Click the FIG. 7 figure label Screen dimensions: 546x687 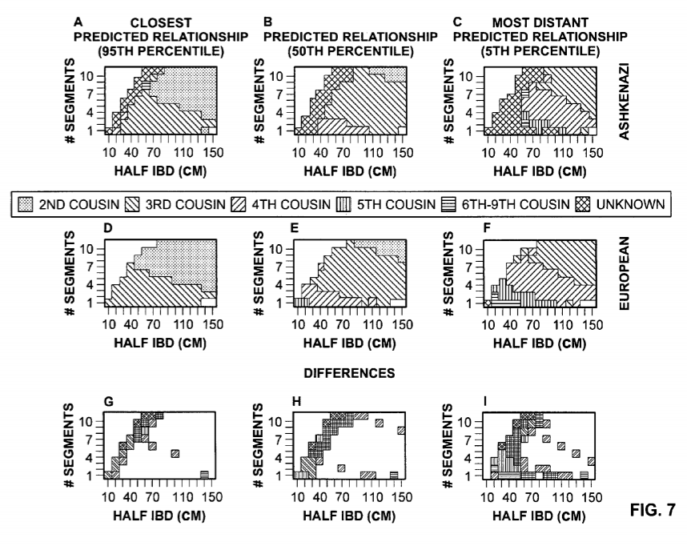coord(653,507)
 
